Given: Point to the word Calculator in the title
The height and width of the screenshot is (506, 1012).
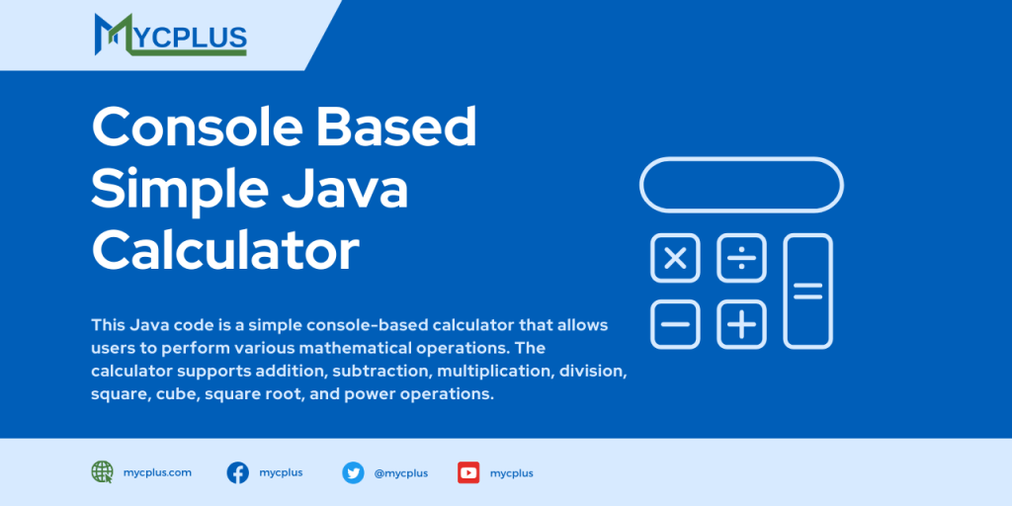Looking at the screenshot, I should pos(225,250).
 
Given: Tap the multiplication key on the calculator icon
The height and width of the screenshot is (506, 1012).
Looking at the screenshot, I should pos(675,259).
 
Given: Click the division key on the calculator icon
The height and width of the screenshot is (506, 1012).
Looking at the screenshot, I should pos(741,259).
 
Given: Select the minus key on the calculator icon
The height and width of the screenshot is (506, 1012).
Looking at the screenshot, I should pos(675,324).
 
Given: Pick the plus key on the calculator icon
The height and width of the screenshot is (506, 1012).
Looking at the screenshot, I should pos(741,324).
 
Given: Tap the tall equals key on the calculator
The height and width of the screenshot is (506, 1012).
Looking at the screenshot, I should pos(807,292).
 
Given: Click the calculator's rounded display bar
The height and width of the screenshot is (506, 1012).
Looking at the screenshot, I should pos(741,185).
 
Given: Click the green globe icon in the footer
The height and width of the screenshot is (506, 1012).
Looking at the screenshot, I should pos(102,472).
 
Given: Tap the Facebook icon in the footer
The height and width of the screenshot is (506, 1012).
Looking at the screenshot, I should pos(237,472).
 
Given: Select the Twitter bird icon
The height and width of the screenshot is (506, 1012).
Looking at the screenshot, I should pos(353,472).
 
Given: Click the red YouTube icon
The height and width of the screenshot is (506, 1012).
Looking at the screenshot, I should pos(468,472).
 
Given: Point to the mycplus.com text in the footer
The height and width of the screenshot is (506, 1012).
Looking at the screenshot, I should pos(157,472).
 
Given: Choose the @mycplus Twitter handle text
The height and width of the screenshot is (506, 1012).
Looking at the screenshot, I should pos(400,473).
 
